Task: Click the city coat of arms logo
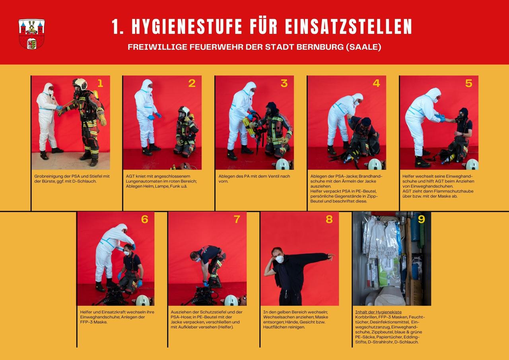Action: [31, 34]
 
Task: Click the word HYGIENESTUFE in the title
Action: [187, 27]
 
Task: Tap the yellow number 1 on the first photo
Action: [100, 84]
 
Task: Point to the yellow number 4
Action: [376, 84]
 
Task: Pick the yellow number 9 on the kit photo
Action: [422, 219]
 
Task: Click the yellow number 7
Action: [237, 219]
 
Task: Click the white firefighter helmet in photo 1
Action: [80, 84]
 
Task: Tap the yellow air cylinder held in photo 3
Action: [248, 127]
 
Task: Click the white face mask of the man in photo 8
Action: [280, 259]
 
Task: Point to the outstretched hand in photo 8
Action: [331, 256]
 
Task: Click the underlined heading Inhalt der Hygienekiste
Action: [378, 312]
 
